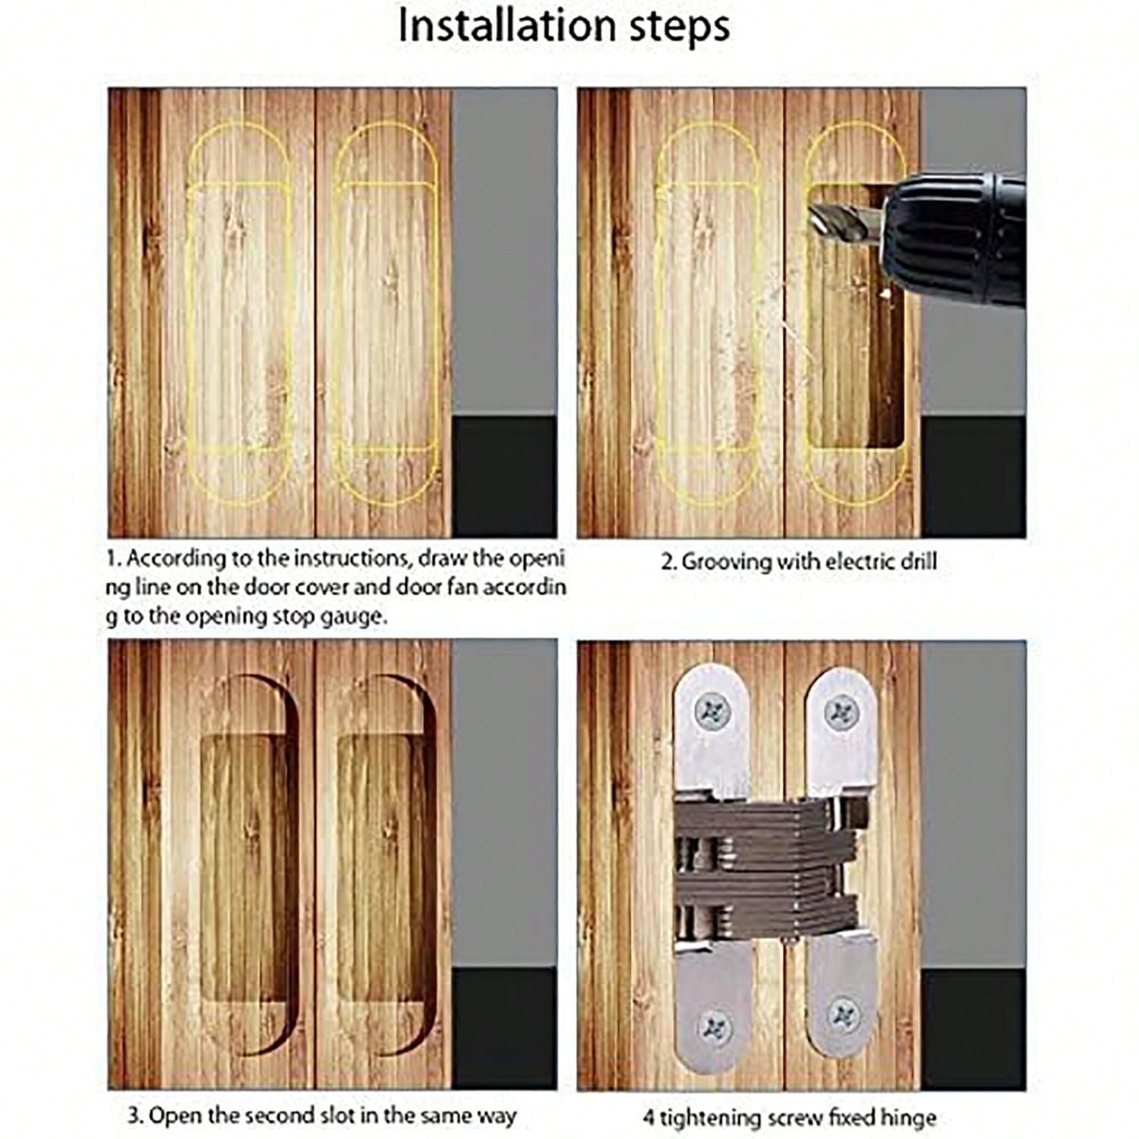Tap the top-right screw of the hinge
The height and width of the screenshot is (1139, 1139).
click(842, 712)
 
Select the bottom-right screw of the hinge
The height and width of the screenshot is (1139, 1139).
click(843, 1015)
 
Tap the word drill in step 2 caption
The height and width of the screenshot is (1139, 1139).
click(917, 562)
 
